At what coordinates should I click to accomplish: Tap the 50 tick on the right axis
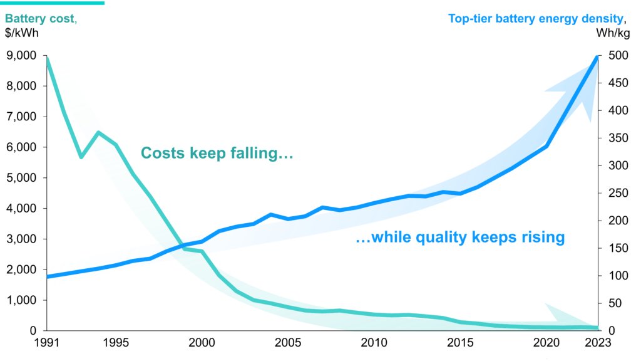pos(612,303)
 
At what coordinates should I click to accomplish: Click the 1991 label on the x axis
pos(47,343)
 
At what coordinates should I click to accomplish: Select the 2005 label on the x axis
pos(288,343)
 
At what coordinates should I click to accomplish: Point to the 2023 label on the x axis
pos(597,343)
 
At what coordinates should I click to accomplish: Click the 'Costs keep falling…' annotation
pos(217,154)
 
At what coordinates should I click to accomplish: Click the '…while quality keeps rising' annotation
pos(460,238)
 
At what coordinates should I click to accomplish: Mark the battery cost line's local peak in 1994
pos(98,132)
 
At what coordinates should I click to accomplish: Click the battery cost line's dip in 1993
pos(81,157)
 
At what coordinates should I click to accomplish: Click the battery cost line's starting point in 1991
pos(48,58)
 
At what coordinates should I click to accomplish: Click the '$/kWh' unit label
pos(23,33)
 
